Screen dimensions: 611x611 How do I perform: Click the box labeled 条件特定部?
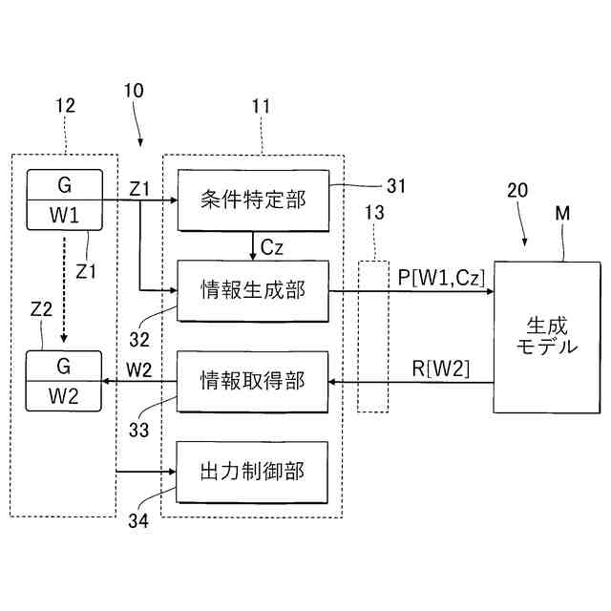(x=253, y=200)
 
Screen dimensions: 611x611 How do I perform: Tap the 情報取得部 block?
(x=253, y=381)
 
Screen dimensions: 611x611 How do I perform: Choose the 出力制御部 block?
(x=253, y=471)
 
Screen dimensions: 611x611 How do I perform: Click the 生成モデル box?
(x=547, y=335)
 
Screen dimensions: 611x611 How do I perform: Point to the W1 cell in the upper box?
(x=65, y=215)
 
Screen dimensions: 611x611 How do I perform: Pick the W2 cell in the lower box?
(x=65, y=395)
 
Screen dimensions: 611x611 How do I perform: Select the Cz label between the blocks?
(x=271, y=245)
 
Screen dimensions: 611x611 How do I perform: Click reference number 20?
(x=516, y=191)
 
